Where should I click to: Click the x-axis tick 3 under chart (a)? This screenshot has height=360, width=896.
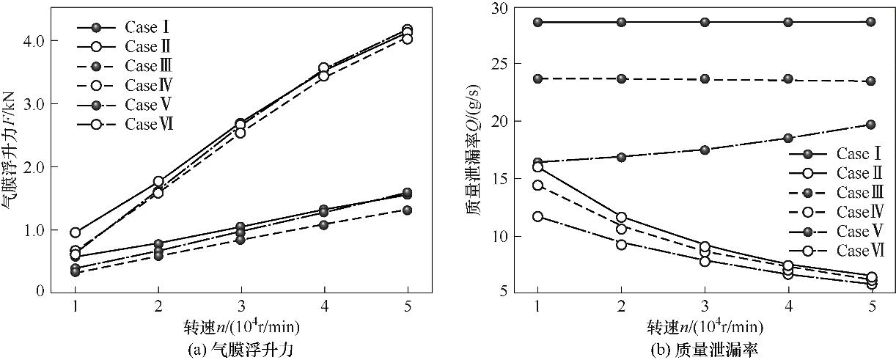(x=240, y=304)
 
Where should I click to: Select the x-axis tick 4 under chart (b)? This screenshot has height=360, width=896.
(x=788, y=304)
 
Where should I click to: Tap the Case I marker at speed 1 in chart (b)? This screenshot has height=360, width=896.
(x=537, y=22)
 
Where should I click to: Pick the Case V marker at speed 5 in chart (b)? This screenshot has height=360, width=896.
(x=871, y=125)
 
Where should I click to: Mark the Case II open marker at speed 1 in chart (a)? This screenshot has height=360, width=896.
(x=75, y=232)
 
